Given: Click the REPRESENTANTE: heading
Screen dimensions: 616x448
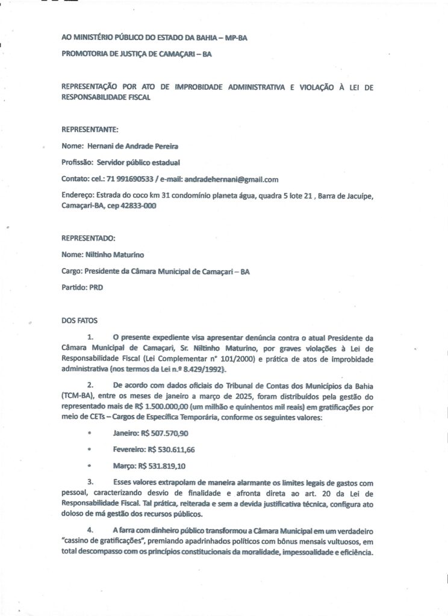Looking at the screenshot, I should tap(90, 129).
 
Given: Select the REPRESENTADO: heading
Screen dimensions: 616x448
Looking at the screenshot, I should tap(89, 238).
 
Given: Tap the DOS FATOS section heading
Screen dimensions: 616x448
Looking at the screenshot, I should tap(78, 320).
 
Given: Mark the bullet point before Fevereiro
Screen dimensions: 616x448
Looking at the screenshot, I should tap(89, 449).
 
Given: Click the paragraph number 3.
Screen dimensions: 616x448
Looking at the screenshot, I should tap(90, 482).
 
